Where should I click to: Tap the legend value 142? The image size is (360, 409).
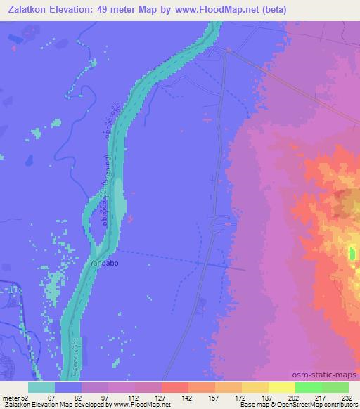188,397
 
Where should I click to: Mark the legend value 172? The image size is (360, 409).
241,397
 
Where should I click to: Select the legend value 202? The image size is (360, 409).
295,397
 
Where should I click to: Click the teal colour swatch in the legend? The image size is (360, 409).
41,387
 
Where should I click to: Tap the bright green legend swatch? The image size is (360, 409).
308,387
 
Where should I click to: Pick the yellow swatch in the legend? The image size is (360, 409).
281,387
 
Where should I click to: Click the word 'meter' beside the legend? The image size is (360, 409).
11,397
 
